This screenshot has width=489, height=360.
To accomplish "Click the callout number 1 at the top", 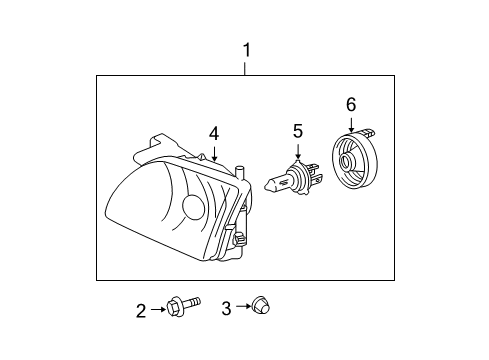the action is pyautogui.click(x=246, y=49).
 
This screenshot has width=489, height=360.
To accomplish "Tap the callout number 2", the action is pyautogui.click(x=142, y=311).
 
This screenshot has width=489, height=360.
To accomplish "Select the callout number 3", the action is pyautogui.click(x=226, y=310).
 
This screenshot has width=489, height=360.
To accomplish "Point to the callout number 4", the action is pyautogui.click(x=213, y=132).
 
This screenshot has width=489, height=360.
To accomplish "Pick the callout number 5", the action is pyautogui.click(x=297, y=130).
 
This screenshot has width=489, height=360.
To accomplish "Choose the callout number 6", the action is pyautogui.click(x=351, y=103).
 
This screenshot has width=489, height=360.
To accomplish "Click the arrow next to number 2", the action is pyautogui.click(x=158, y=311).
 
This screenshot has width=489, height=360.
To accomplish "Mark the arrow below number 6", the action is pyautogui.click(x=351, y=124).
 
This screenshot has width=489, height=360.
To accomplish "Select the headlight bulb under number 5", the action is pyautogui.click(x=293, y=180).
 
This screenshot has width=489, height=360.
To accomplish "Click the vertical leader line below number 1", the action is pyautogui.click(x=246, y=67).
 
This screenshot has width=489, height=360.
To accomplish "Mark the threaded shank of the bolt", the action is pyautogui.click(x=193, y=303).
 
